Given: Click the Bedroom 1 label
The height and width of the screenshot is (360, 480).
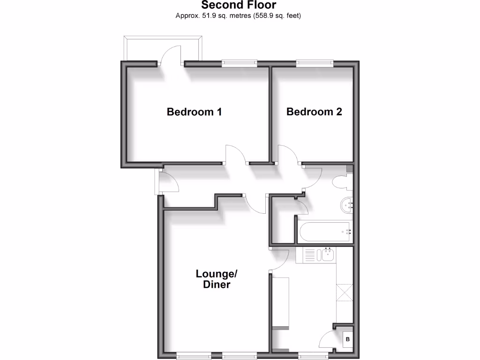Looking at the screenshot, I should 194,112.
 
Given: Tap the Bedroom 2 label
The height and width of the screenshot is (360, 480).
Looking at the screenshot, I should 314,112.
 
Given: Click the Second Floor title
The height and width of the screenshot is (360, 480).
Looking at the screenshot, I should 239,6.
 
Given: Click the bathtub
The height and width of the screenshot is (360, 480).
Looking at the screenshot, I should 324,231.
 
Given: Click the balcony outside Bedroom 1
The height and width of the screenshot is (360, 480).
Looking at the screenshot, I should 163,48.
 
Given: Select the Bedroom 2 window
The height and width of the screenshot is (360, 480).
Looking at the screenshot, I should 315,62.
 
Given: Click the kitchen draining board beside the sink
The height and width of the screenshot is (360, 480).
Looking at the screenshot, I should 310,255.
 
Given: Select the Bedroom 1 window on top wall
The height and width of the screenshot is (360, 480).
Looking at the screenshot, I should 240,62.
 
